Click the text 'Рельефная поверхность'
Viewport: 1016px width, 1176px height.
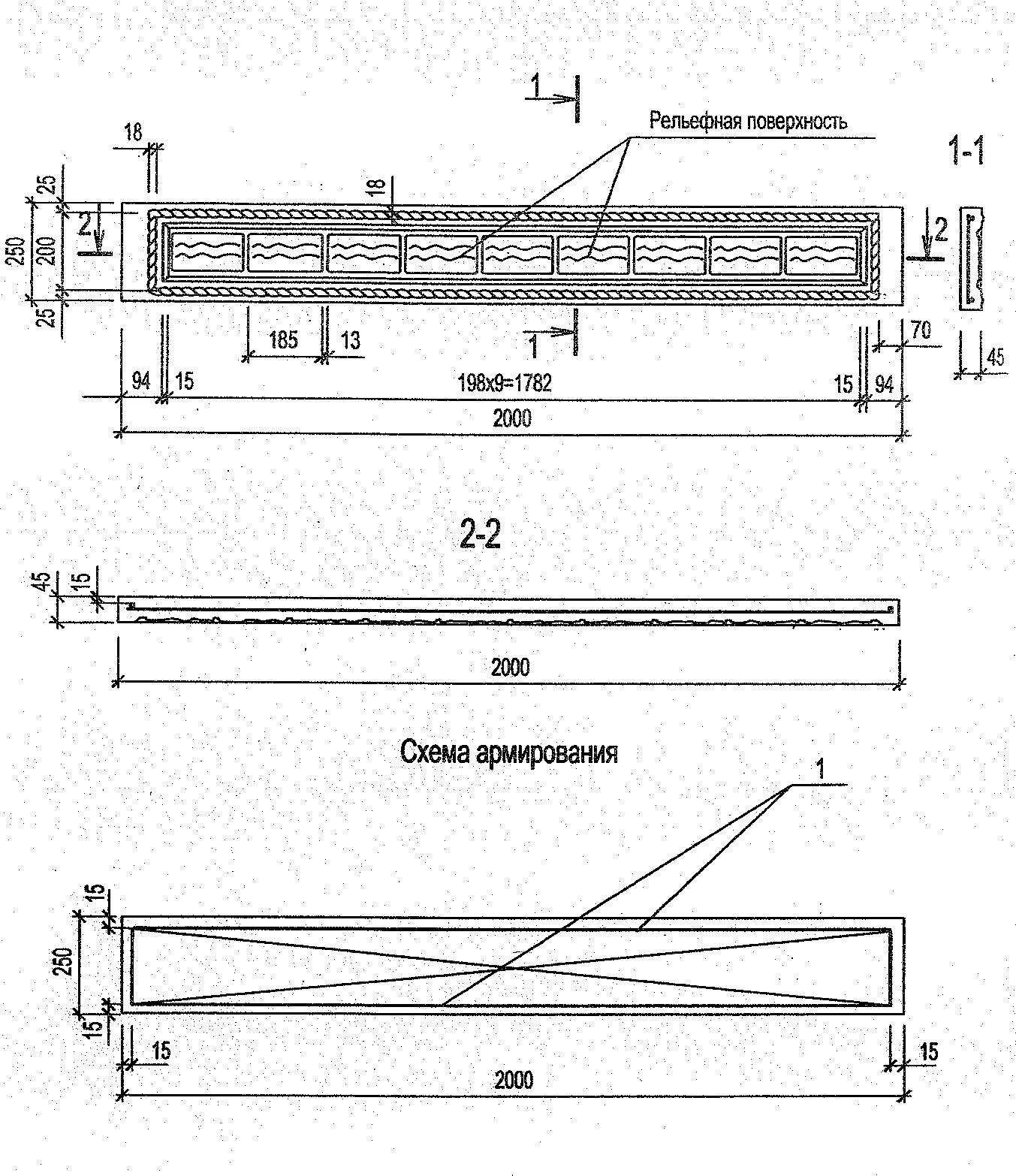pos(748,121)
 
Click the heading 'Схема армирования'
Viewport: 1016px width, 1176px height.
pos(509,752)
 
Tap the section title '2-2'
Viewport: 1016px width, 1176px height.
pos(479,536)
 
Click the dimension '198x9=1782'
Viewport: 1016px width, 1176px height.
pos(505,384)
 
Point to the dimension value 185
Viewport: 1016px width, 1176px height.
pos(283,340)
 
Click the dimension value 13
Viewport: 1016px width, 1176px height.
pos(350,340)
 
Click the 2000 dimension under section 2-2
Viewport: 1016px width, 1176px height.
pos(510,667)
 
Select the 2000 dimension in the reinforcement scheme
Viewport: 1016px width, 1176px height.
pos(514,1080)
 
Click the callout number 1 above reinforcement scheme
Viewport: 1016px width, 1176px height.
pos(821,768)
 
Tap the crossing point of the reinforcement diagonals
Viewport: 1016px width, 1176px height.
pos(505,967)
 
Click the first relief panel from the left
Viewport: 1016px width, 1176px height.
pos(208,253)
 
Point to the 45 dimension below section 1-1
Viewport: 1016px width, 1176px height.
pos(994,357)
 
